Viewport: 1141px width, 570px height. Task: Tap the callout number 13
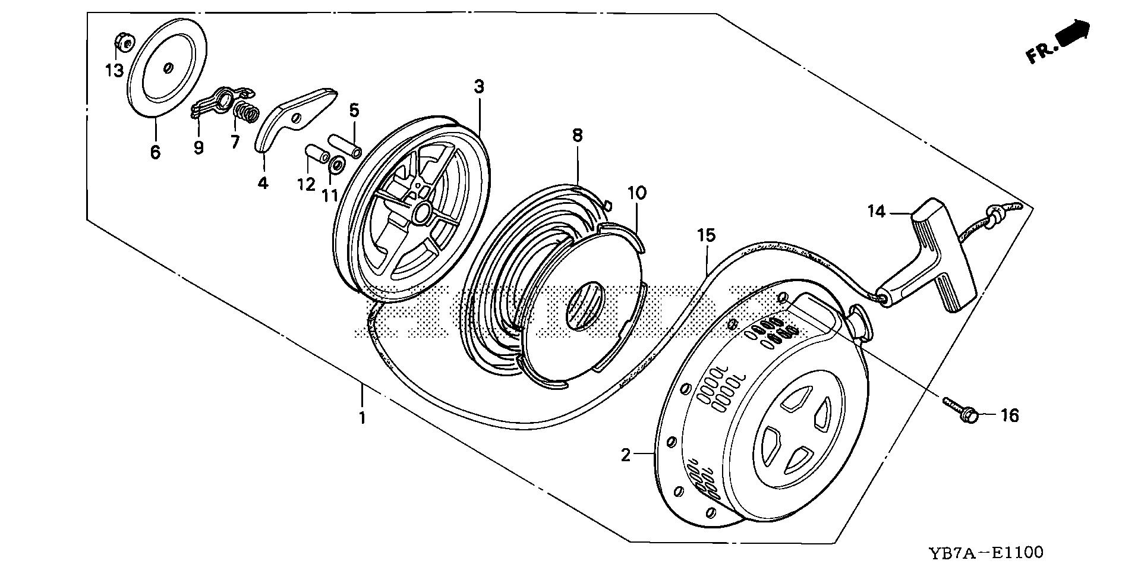point(114,71)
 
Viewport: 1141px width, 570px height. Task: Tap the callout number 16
point(1010,415)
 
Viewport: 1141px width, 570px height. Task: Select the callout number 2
point(625,455)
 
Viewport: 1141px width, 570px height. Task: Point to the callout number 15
point(707,236)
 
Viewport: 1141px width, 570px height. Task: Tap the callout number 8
point(577,136)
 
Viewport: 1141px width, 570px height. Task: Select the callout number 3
point(479,87)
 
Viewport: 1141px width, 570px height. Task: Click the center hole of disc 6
point(169,68)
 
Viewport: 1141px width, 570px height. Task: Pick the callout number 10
point(636,193)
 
